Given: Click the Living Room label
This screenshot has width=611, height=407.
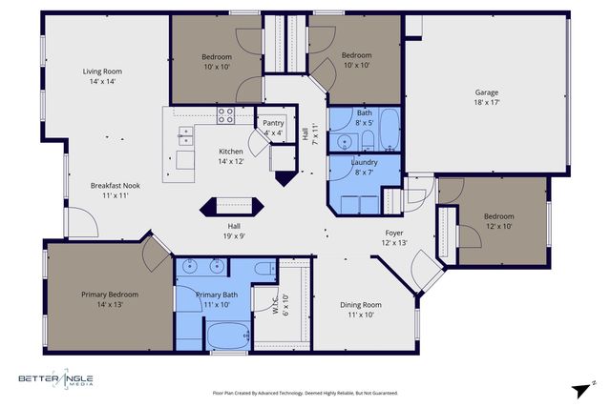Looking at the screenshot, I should click(x=102, y=71).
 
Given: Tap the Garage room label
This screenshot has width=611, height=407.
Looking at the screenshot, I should click(x=487, y=92).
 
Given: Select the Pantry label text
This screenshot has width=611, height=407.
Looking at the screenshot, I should click(x=272, y=122).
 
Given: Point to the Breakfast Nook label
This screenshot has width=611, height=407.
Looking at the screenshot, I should click(x=116, y=185).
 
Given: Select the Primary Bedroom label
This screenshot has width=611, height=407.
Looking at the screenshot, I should click(x=101, y=294).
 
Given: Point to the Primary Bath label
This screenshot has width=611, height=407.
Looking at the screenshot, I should click(x=217, y=295).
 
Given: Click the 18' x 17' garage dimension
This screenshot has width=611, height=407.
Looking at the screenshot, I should click(x=487, y=103).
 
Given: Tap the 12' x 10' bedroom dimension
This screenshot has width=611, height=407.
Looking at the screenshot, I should click(x=498, y=227).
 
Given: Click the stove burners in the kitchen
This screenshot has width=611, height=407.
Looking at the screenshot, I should click(x=226, y=115).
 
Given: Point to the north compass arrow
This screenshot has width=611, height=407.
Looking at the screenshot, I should click(x=581, y=390).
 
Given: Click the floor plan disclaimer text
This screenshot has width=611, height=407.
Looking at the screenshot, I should click(x=305, y=392).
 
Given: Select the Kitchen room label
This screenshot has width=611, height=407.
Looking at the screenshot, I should click(x=231, y=151).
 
